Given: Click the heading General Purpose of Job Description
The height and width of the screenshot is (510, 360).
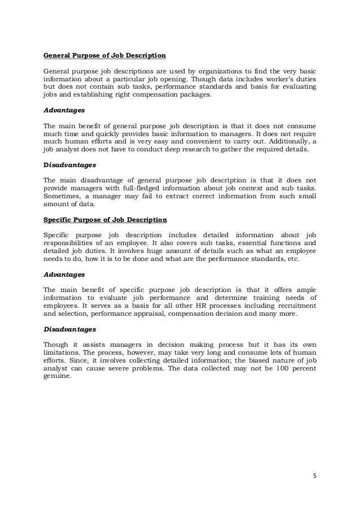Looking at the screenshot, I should (x=104, y=56).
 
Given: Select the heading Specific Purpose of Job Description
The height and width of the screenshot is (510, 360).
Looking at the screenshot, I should (x=105, y=219).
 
